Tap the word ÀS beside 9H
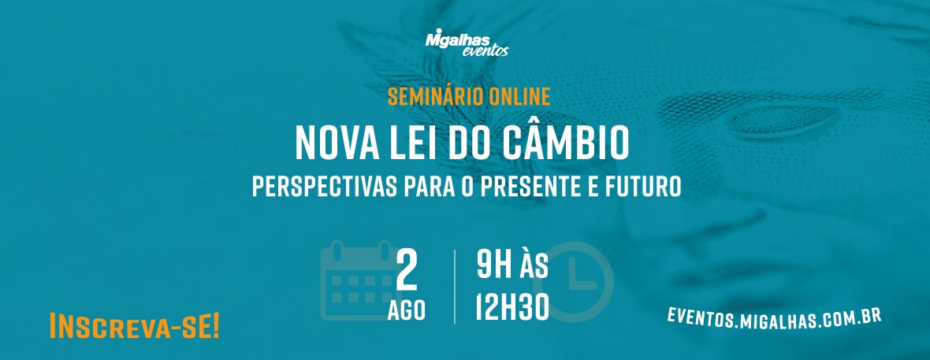pyautogui.click(x=534, y=265)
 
